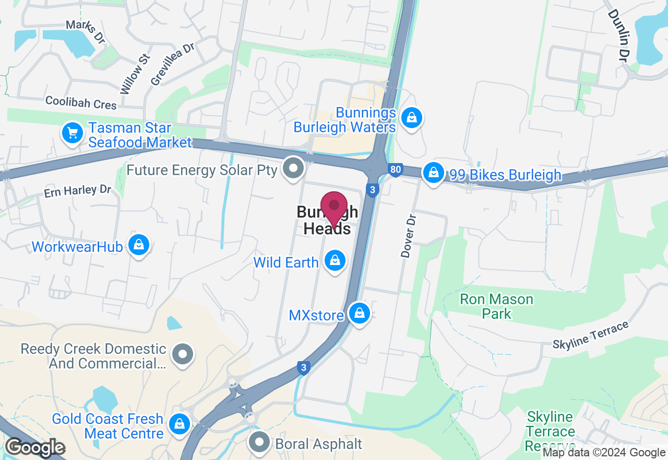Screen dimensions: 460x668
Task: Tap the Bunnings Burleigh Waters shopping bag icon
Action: point(412,118)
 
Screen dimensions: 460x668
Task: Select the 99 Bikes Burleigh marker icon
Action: point(433,172)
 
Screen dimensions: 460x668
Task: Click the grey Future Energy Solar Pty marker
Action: point(293,168)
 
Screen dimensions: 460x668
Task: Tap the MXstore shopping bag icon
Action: point(359,314)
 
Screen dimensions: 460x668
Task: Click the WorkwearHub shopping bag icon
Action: point(139,245)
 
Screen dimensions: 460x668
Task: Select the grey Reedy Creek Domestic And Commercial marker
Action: point(183,354)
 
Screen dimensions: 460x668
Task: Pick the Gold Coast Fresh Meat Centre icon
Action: point(180,424)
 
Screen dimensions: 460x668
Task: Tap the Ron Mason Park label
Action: point(496,306)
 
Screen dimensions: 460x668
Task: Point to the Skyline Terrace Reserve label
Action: point(550,432)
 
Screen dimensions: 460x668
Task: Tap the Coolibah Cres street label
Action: point(81,102)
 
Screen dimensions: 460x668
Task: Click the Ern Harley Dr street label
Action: point(77,191)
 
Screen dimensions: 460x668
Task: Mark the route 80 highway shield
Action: point(396,169)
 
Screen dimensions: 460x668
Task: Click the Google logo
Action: point(35,447)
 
